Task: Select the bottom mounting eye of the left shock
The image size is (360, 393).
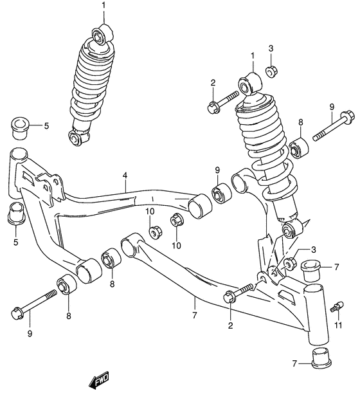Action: (x=77, y=137)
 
